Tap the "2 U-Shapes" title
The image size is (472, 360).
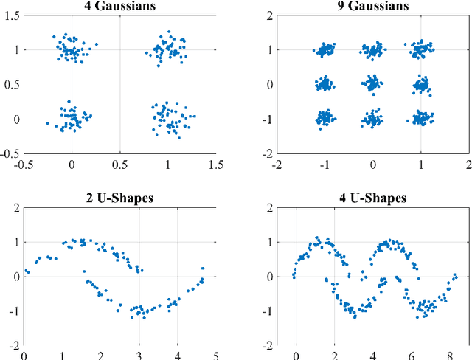(x=119, y=198)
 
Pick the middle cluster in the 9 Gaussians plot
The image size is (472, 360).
(x=373, y=84)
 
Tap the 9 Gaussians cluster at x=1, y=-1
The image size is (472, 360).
(x=421, y=118)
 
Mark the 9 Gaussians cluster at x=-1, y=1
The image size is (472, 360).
(x=325, y=50)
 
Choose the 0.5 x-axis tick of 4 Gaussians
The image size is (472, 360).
(x=119, y=164)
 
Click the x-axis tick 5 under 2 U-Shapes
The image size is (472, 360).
(x=215, y=355)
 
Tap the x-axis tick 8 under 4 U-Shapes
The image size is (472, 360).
(x=450, y=355)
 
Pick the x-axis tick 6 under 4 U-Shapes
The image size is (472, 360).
(x=412, y=355)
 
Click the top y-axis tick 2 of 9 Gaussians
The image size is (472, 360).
(x=271, y=15)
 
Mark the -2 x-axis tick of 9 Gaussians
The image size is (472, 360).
(x=277, y=164)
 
